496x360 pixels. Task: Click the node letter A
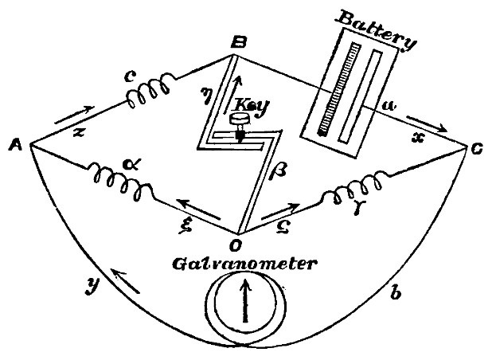coord(14,147)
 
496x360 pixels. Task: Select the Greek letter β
coord(281,169)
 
